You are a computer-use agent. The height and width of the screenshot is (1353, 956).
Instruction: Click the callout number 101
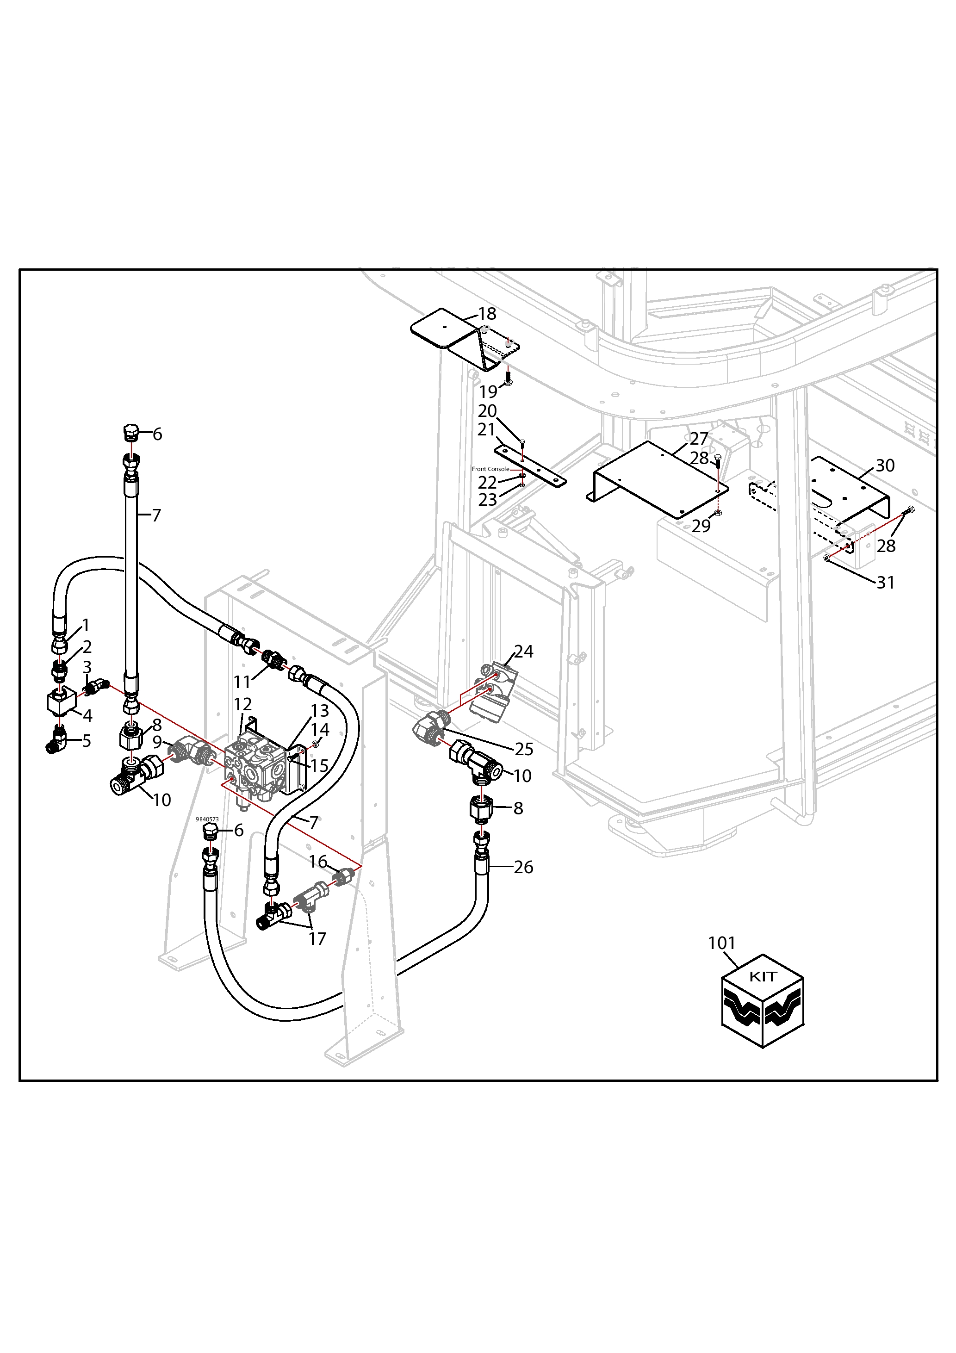pyautogui.click(x=721, y=943)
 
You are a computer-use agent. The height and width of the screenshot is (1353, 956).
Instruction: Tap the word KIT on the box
pyautogui.click(x=763, y=976)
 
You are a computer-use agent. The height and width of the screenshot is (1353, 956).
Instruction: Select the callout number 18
pyautogui.click(x=487, y=314)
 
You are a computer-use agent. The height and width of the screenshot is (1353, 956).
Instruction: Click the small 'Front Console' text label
pyautogui.click(x=490, y=469)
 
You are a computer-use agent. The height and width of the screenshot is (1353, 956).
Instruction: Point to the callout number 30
pyautogui.click(x=885, y=465)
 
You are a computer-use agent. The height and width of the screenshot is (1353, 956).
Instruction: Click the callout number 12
pyautogui.click(x=243, y=704)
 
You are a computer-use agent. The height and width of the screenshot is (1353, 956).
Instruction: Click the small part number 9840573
pyautogui.click(x=207, y=819)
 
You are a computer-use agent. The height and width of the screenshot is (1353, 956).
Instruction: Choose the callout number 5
pyautogui.click(x=87, y=741)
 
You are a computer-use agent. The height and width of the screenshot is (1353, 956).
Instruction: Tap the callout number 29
pyautogui.click(x=701, y=526)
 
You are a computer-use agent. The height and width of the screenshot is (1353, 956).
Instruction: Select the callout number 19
pyautogui.click(x=488, y=391)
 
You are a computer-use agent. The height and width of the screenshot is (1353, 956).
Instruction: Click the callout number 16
pyautogui.click(x=318, y=862)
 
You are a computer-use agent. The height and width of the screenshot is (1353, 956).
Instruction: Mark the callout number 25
pyautogui.click(x=523, y=749)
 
